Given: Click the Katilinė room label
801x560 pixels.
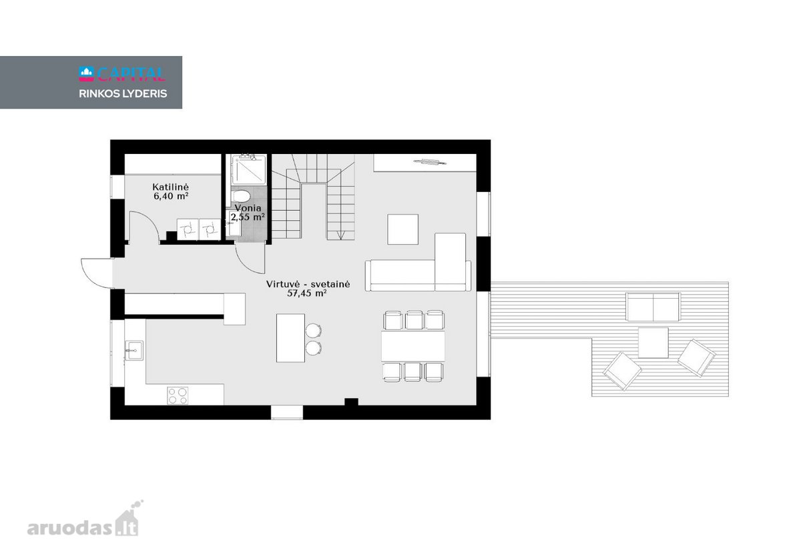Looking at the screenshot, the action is pyautogui.click(x=170, y=187).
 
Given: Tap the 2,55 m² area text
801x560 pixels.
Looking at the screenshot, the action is pyautogui.click(x=248, y=217).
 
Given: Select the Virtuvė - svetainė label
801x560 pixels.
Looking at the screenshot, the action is pyautogui.click(x=308, y=284).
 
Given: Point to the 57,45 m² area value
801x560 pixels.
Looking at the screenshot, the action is pyautogui.click(x=307, y=293).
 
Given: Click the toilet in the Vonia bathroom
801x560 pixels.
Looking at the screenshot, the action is pyautogui.click(x=241, y=196).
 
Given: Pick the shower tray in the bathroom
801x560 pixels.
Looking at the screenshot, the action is pyautogui.click(x=248, y=170).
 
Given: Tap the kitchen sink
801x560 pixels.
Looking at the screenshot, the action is pyautogui.click(x=134, y=351).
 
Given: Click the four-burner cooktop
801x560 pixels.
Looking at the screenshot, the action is pyautogui.click(x=178, y=396).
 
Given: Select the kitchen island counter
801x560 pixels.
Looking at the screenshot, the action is pyautogui.click(x=290, y=338).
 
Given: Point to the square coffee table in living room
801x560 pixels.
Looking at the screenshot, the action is pyautogui.click(x=403, y=229).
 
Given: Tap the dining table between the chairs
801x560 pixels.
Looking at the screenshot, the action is pyautogui.click(x=413, y=346).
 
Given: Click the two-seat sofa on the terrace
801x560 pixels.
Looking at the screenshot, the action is pyautogui.click(x=653, y=307).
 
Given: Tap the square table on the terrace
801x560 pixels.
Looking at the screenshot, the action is pyautogui.click(x=653, y=343).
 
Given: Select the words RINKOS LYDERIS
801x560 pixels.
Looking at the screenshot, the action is pyautogui.click(x=123, y=93).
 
